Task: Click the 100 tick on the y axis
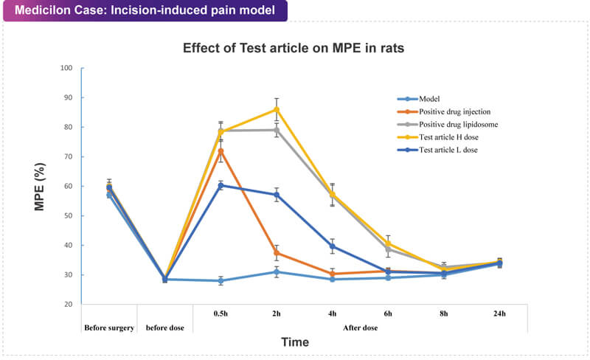click(66, 68)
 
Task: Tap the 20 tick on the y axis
click(68, 304)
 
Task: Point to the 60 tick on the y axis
click(68, 186)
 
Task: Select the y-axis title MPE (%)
click(41, 185)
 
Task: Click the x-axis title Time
click(295, 342)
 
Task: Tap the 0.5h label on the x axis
click(221, 314)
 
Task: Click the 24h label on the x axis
click(499, 314)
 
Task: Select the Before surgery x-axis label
click(110, 327)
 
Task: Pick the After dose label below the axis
click(360, 327)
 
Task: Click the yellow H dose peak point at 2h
click(277, 109)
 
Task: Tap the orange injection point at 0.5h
click(221, 151)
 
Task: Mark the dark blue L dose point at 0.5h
click(221, 185)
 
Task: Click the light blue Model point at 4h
click(332, 279)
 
